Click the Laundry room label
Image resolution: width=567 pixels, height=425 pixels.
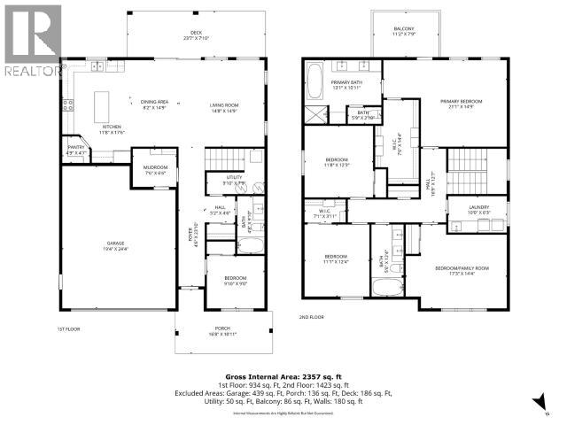click(479, 209)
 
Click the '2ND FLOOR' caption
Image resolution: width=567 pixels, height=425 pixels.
click(312, 316)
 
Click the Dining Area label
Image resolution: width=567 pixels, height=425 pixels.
click(154, 102)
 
